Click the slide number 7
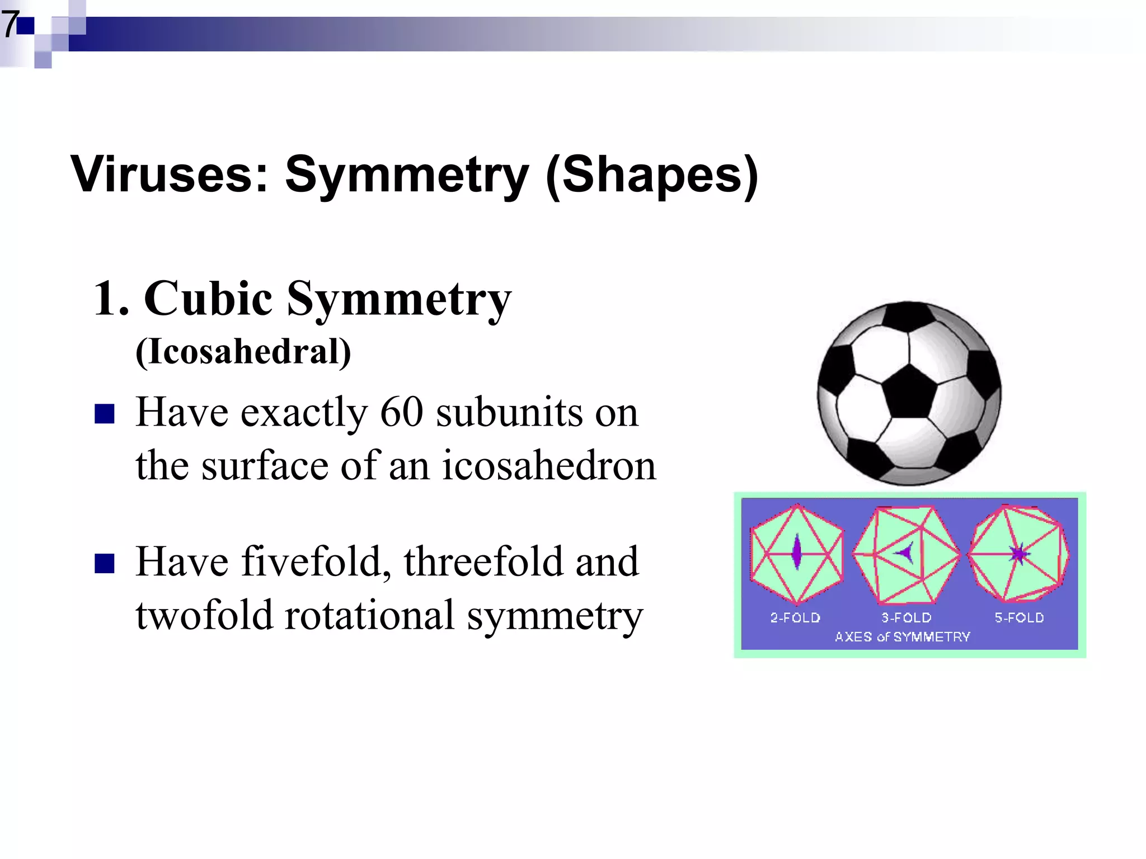[10, 25]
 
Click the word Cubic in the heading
[208, 299]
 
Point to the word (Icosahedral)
[243, 352]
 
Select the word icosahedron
[549, 465]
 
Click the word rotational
[369, 615]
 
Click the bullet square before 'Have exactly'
[105, 414]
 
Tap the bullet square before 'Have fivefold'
[105, 564]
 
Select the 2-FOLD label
[795, 618]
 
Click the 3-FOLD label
[907, 618]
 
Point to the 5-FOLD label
[1019, 618]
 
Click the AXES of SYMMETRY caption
[902, 637]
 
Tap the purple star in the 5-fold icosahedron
[1019, 554]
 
